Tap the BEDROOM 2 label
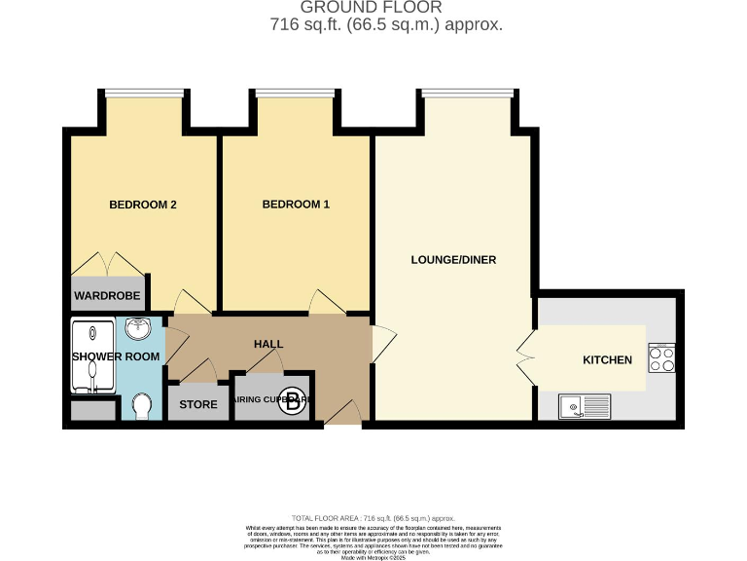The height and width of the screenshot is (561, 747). tap(142, 205)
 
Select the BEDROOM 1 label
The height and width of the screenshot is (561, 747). tap(297, 205)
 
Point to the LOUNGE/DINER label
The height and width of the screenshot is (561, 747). tap(454, 260)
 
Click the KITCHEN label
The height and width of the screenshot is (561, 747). tap(607, 360)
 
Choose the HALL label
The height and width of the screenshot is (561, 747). tap(268, 345)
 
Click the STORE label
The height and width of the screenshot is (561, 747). tap(198, 403)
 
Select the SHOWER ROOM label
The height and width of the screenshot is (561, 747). tap(116, 356)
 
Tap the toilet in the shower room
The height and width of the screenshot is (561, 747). tap(142, 404)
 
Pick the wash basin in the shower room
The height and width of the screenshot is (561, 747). tap(138, 327)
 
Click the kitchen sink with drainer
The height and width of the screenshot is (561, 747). tap(584, 405)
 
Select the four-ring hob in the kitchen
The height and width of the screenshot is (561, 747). tap(662, 359)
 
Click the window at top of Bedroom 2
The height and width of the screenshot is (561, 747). tap(143, 93)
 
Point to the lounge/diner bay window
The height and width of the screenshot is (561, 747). tap(468, 93)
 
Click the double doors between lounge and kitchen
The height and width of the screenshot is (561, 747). tap(526, 357)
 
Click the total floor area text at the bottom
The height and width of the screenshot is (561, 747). tap(373, 518)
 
